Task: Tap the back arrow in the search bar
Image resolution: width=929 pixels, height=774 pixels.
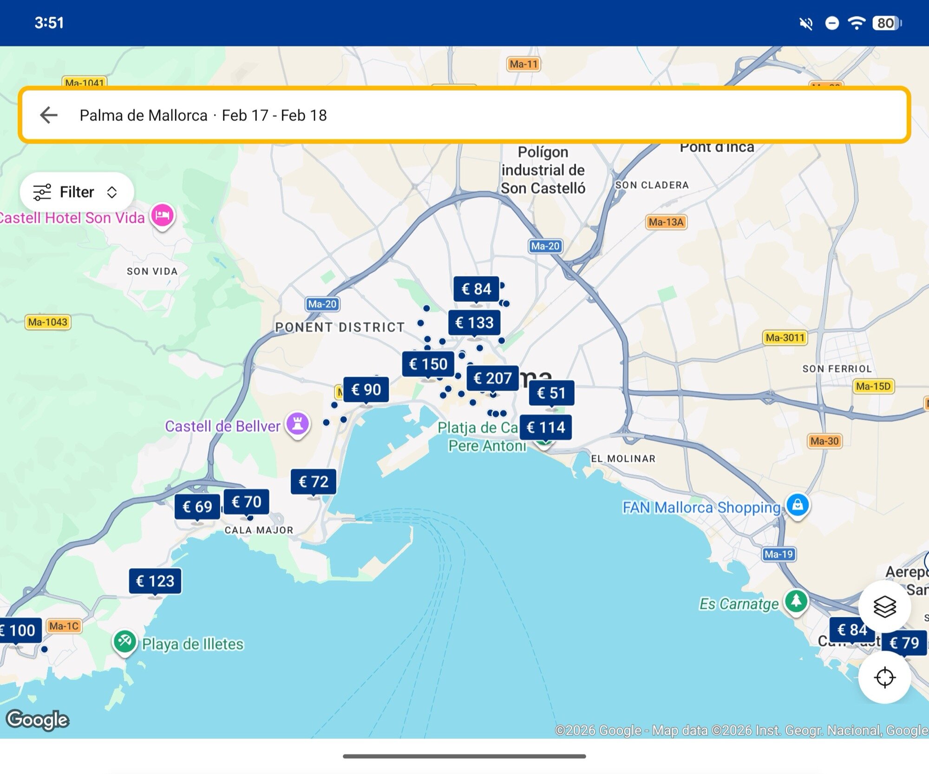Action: coord(49,115)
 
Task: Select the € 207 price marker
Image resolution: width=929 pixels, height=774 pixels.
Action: coord(492,378)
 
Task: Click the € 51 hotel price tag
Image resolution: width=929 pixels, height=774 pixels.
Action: coord(551,393)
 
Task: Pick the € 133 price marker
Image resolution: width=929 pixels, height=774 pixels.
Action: coord(474,322)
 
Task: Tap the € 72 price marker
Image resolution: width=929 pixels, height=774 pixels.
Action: coord(314,482)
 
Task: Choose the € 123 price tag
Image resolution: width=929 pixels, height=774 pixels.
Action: coord(155,581)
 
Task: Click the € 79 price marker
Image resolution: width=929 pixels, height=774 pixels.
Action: coord(904,643)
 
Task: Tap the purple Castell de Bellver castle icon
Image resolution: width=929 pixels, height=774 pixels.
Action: coord(298,424)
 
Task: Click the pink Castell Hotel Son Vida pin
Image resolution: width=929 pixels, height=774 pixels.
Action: coord(163,216)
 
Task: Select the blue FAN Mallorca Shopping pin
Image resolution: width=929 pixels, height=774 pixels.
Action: coord(798,505)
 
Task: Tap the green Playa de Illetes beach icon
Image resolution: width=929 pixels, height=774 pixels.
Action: coord(125,642)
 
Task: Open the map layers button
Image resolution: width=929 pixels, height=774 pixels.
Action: coord(884,607)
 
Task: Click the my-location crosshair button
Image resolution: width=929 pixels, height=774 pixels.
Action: coord(884,677)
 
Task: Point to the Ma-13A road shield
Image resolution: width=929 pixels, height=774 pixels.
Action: coord(666,222)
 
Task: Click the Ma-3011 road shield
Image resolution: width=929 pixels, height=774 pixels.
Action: coord(785,337)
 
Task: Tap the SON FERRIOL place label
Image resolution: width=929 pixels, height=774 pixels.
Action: coord(837,369)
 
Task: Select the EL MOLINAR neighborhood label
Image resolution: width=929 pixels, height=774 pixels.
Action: coord(623,459)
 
